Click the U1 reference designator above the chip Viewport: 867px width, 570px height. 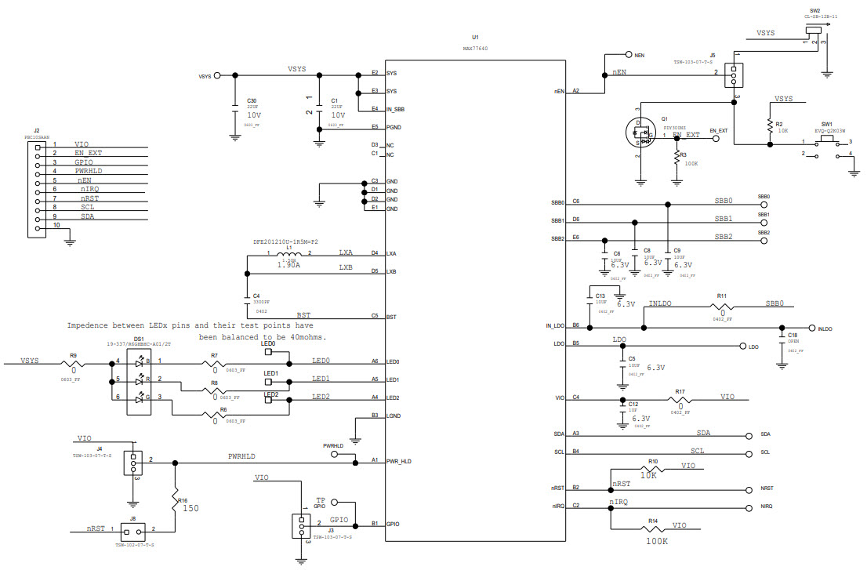[x=475, y=37]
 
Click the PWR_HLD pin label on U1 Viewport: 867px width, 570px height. [x=398, y=462]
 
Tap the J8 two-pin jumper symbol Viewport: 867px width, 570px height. [x=132, y=531]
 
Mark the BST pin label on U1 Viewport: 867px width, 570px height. [x=391, y=317]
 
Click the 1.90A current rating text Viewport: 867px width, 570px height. [x=288, y=266]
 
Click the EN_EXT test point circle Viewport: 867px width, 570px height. [x=716, y=139]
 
